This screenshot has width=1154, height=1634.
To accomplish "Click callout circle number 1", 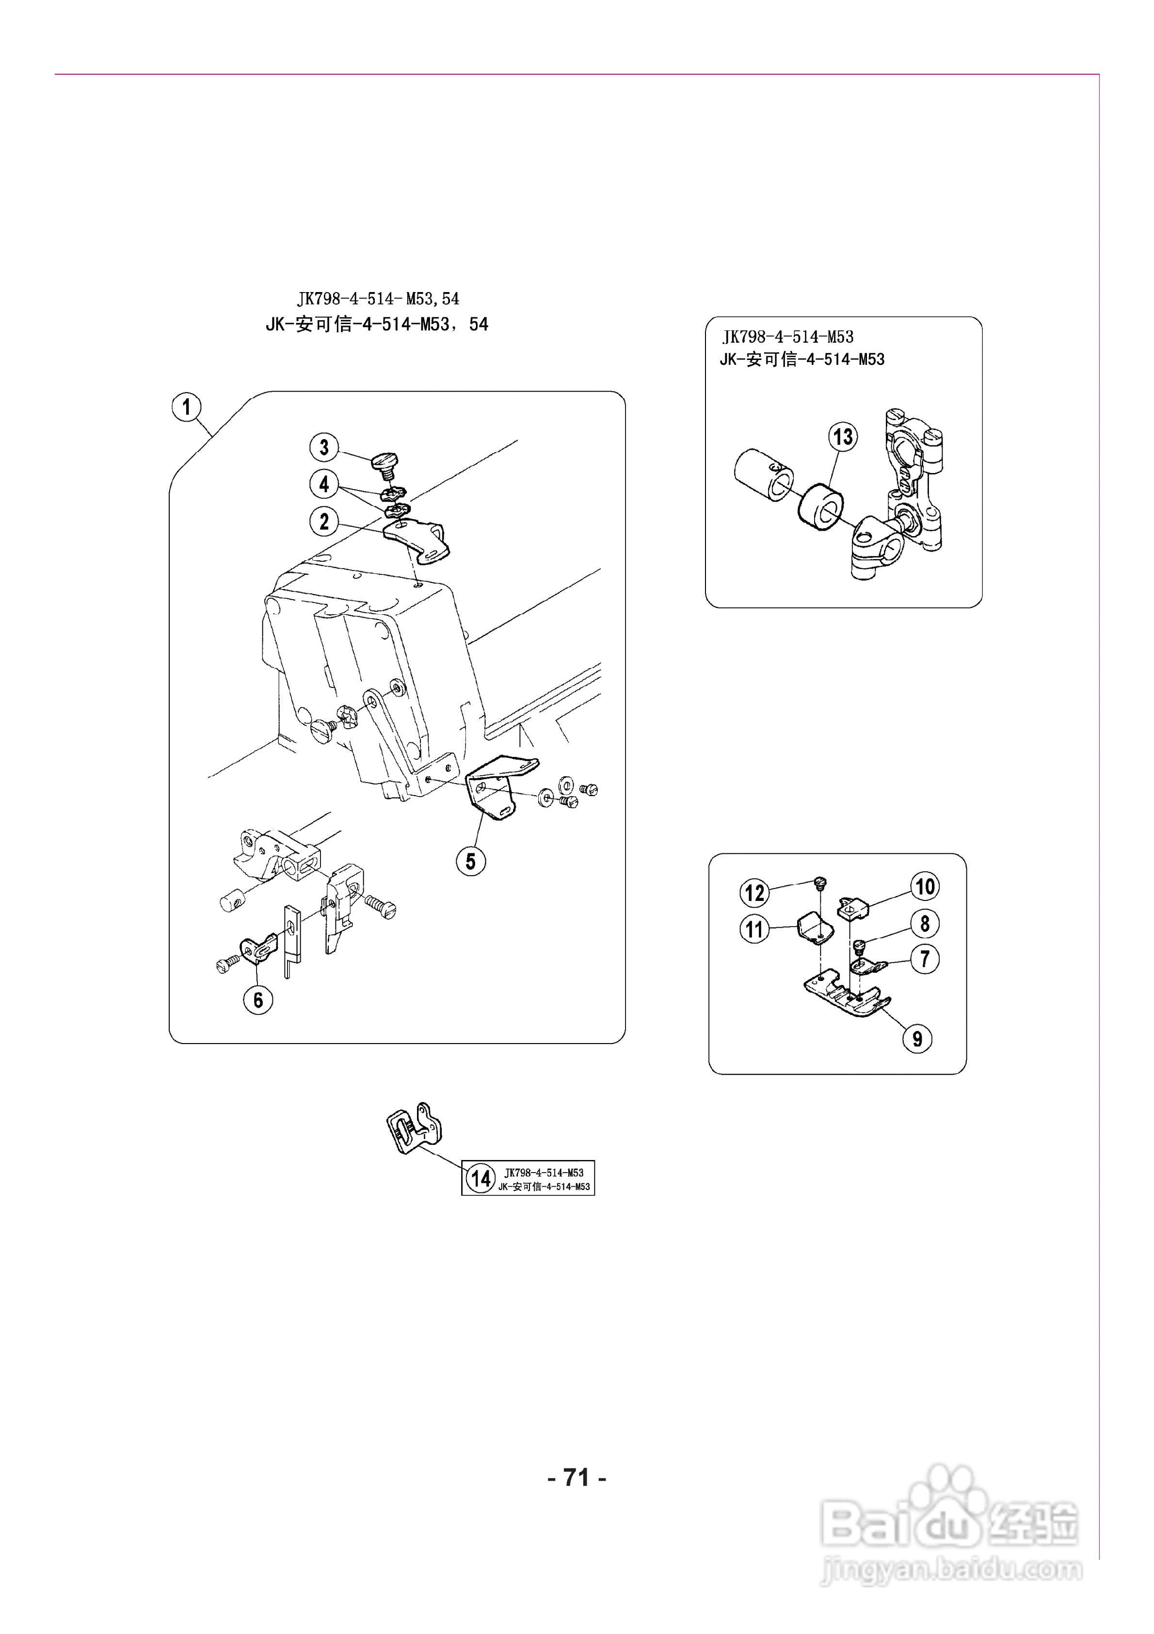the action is pyautogui.click(x=186, y=408).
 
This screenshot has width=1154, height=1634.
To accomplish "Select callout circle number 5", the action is pyautogui.click(x=470, y=861).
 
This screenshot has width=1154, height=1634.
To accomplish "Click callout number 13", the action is pyautogui.click(x=843, y=436).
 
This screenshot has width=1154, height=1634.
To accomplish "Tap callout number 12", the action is pyautogui.click(x=755, y=892).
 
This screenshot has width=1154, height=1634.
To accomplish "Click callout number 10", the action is pyautogui.click(x=924, y=887).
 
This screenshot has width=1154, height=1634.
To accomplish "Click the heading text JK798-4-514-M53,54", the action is pyautogui.click(x=378, y=299).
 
